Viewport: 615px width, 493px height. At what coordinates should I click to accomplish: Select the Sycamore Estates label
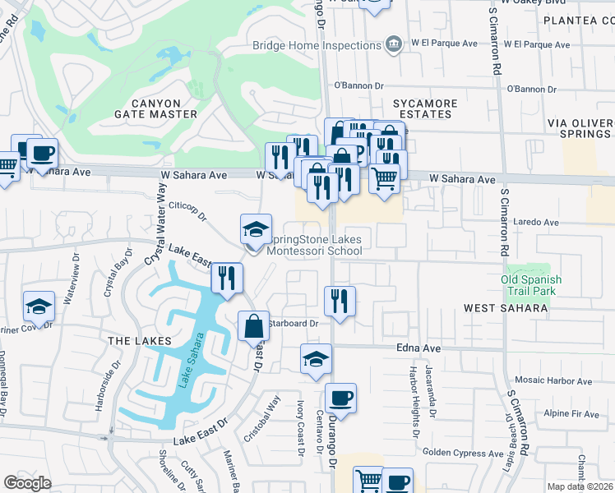tap(424, 108)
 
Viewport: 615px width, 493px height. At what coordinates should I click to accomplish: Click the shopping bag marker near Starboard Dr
tap(254, 326)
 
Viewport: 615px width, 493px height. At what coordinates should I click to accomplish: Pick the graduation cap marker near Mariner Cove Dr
tap(39, 306)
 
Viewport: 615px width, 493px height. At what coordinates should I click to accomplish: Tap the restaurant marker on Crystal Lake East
tap(226, 278)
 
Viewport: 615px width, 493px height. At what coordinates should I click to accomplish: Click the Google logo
tap(27, 483)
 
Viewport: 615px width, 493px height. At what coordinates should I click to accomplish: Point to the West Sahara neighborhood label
tap(506, 308)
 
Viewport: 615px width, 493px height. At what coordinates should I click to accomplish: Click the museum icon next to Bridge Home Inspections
tap(393, 43)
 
